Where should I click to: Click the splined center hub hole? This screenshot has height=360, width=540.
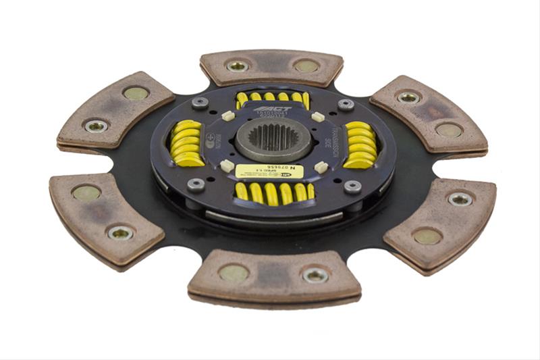click(x=273, y=137)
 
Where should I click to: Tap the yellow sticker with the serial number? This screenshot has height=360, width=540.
click(x=269, y=172)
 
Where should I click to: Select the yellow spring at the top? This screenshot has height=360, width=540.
click(x=273, y=99)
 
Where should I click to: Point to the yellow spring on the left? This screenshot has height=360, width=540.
click(x=187, y=143)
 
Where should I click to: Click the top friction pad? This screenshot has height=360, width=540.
click(x=271, y=67)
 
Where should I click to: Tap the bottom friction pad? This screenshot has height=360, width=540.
click(x=273, y=276)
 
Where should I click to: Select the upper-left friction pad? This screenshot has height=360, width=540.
click(x=115, y=109)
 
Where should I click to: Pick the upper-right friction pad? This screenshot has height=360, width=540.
click(x=429, y=113)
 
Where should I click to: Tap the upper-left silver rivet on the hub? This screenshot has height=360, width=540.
click(x=199, y=103)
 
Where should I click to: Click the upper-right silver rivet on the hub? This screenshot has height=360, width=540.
click(x=346, y=105)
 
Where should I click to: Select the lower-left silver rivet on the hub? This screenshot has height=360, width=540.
click(x=196, y=184)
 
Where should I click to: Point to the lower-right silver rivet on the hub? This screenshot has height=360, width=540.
click(x=351, y=186)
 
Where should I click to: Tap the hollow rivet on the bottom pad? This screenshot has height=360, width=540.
click(x=315, y=274)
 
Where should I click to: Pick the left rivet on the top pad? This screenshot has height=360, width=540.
click(x=237, y=66)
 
